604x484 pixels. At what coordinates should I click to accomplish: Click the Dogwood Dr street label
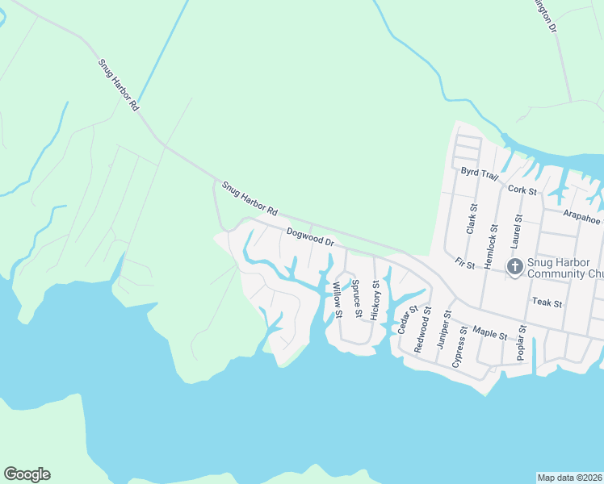pyautogui.click(x=310, y=236)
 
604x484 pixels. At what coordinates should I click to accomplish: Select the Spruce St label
pyautogui.click(x=355, y=298)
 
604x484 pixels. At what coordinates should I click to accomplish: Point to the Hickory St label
pyautogui.click(x=375, y=300)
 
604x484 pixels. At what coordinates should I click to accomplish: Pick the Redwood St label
pyautogui.click(x=422, y=330)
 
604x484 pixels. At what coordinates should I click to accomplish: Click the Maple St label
pyautogui.click(x=489, y=332)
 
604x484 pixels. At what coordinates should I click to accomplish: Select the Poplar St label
pyautogui.click(x=523, y=341)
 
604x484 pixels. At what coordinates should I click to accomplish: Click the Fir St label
pyautogui.click(x=463, y=264)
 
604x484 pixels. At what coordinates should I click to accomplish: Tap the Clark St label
pyautogui.click(x=471, y=219)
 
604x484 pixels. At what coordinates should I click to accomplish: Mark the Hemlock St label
pyautogui.click(x=490, y=232)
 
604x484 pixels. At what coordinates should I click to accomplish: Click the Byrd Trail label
pyautogui.click(x=480, y=174)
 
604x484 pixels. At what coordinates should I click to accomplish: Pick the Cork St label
pyautogui.click(x=523, y=190)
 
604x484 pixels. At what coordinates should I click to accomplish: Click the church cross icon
pyautogui.click(x=514, y=267)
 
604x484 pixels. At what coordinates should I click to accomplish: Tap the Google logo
pyautogui.click(x=27, y=474)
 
